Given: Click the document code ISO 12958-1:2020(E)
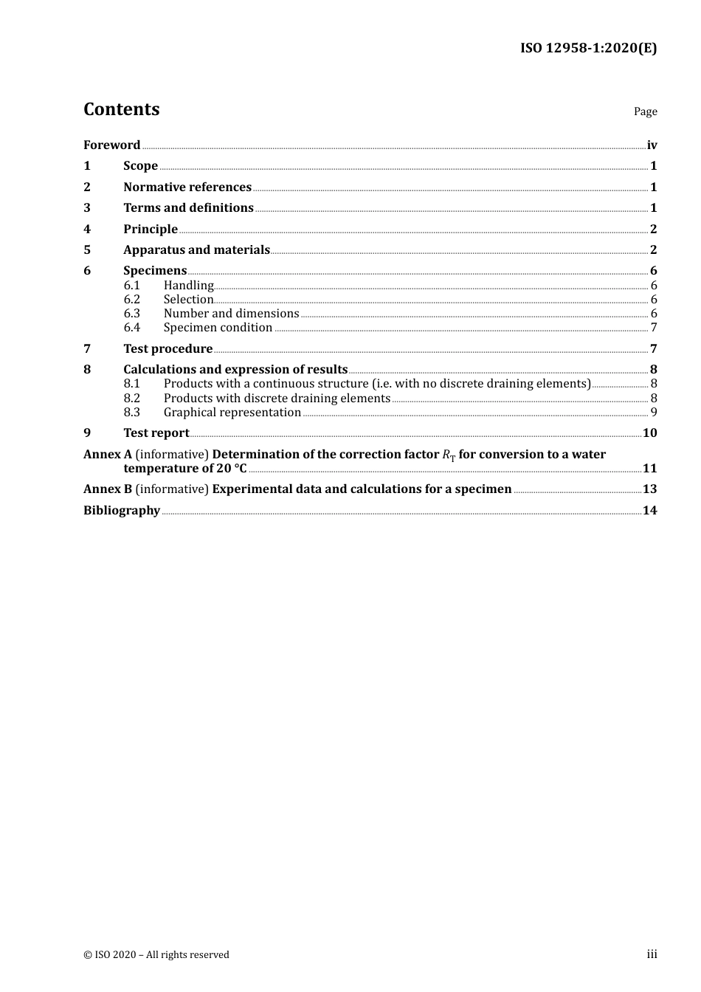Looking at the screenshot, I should pyautogui.click(x=588, y=48).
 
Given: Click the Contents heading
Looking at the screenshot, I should pyautogui.click(x=121, y=109).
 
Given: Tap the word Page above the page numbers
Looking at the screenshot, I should pyautogui.click(x=645, y=111).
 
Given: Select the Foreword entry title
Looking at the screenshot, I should pyautogui.click(x=111, y=145).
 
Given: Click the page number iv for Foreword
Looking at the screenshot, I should pyautogui.click(x=652, y=145).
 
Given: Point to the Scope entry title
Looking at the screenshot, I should pyautogui.click(x=140, y=166).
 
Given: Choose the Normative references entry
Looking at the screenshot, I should pyautogui.click(x=187, y=187).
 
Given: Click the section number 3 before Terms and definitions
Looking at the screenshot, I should pyautogui.click(x=87, y=208).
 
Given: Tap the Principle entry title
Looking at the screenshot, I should pyautogui.click(x=151, y=229).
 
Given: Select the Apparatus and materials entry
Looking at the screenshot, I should pyautogui.click(x=196, y=249).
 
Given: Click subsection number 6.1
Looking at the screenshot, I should pyautogui.click(x=131, y=285).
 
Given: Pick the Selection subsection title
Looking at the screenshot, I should pyautogui.click(x=188, y=299).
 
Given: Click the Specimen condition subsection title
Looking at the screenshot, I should pyautogui.click(x=218, y=327).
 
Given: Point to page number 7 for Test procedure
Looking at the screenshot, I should pyautogui.click(x=653, y=348).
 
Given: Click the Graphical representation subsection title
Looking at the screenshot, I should pyautogui.click(x=232, y=412).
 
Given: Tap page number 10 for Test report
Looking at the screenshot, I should pyautogui.click(x=649, y=433).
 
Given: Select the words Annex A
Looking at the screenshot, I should pyautogui.click(x=107, y=454).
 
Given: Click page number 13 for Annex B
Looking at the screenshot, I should pyautogui.click(x=649, y=489).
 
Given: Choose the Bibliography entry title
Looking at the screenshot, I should pyautogui.click(x=122, y=510).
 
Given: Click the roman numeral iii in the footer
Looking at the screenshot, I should pyautogui.click(x=652, y=954).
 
